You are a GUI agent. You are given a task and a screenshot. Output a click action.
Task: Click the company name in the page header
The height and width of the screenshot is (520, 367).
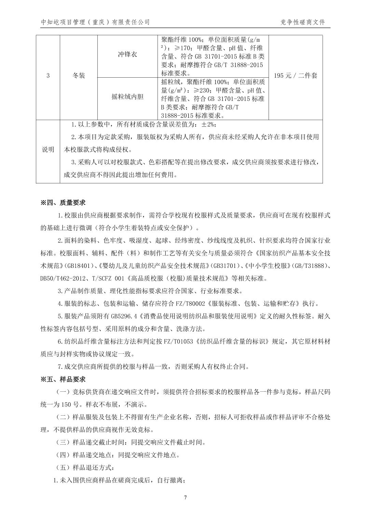pyautogui.click(x=95, y=22)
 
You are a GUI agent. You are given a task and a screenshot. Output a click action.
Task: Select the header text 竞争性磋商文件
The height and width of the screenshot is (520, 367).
pyautogui.click(x=303, y=22)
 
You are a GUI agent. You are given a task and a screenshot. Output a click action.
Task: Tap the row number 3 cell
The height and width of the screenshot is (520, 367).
pyautogui.click(x=48, y=76)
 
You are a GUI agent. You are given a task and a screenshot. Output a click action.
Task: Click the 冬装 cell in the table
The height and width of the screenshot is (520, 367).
pyautogui.click(x=79, y=76)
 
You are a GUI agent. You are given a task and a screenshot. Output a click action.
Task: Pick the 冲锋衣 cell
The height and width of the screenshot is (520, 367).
pyautogui.click(x=127, y=55)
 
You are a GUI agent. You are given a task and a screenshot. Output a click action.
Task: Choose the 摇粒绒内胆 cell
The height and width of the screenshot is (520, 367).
pyautogui.click(x=127, y=97)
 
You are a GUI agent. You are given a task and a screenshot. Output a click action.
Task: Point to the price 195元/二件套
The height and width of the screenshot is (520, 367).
pyautogui.click(x=296, y=76)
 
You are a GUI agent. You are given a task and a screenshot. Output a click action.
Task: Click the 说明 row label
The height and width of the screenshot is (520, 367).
pyautogui.click(x=48, y=149)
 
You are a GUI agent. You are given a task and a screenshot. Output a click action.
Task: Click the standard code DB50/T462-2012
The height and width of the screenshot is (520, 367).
pyautogui.click(x=64, y=278)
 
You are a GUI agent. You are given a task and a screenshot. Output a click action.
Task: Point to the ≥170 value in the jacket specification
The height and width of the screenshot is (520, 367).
pyautogui.click(x=185, y=48)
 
